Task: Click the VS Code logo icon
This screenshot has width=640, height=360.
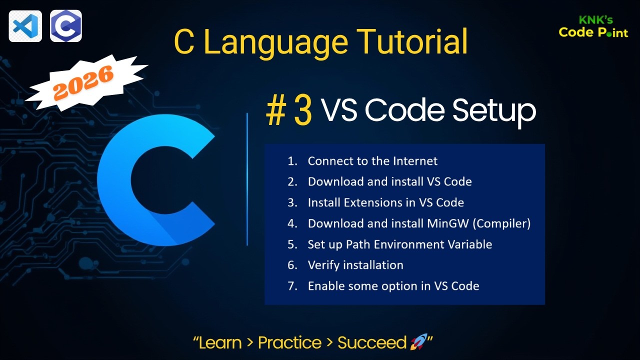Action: (25, 25)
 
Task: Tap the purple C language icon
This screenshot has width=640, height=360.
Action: (66, 25)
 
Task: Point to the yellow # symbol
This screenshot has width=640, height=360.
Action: (275, 111)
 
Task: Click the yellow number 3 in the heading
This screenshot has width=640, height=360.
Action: (303, 111)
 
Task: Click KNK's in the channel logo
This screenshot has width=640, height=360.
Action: (595, 20)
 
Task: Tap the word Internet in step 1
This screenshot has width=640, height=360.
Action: (415, 161)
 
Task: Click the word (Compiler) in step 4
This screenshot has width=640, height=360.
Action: (501, 223)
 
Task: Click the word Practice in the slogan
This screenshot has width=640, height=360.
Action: (289, 342)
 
